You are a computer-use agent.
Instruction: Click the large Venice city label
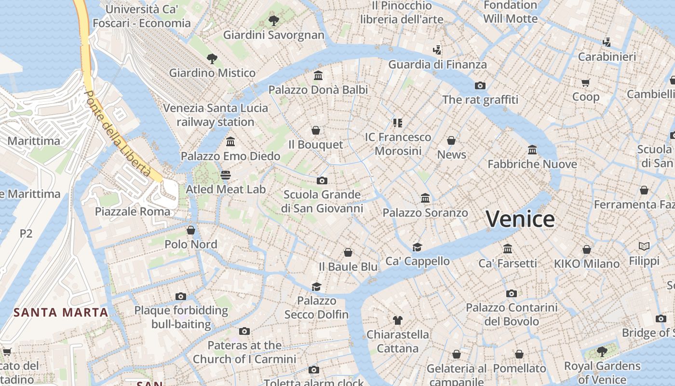(x=520, y=219)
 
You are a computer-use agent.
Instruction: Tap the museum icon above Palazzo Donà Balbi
(x=318, y=76)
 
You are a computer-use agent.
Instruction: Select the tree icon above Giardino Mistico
(x=212, y=59)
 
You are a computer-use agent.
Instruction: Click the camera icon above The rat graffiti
(x=480, y=86)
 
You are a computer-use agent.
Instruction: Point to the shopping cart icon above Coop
(x=586, y=83)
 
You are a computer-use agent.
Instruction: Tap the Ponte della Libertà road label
(x=117, y=133)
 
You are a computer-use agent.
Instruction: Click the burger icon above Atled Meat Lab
(x=226, y=175)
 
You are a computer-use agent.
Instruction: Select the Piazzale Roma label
(x=133, y=211)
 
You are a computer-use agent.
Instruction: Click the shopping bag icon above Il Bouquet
(x=316, y=130)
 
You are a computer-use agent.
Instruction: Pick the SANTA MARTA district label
(x=61, y=312)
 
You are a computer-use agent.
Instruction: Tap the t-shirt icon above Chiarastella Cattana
(x=397, y=319)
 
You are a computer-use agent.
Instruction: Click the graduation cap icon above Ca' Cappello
(x=417, y=247)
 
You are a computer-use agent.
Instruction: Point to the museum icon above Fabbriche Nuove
(x=532, y=150)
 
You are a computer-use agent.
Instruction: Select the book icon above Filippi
(x=644, y=247)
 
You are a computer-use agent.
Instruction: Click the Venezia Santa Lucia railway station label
(x=215, y=115)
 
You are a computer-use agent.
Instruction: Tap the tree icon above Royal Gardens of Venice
(x=602, y=351)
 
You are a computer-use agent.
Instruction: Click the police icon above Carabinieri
(x=607, y=42)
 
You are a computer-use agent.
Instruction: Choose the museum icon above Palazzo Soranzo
(x=425, y=198)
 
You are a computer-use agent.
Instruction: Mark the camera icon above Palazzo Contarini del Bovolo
(x=512, y=293)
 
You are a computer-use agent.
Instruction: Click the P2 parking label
(x=26, y=234)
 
